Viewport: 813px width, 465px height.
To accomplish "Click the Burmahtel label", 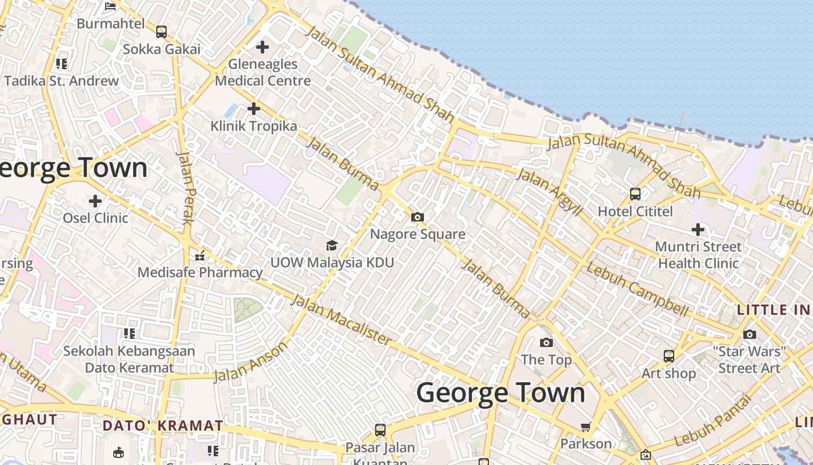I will click(110, 24).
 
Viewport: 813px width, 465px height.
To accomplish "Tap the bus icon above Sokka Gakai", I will click(161, 31).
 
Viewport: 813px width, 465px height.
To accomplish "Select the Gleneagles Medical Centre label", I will click(262, 72).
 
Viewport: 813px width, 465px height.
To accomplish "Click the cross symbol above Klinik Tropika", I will click(253, 108).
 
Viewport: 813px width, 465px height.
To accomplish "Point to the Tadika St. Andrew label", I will click(62, 81).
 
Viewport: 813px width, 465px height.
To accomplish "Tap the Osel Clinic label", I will click(95, 218).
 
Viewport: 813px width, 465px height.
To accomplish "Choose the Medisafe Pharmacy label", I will click(200, 272).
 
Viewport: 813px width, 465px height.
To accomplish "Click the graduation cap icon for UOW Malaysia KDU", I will click(332, 245).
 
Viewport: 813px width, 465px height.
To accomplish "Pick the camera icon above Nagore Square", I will click(417, 217).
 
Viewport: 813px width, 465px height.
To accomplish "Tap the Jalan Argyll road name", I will click(548, 192).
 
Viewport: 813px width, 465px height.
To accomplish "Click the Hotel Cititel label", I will click(635, 211).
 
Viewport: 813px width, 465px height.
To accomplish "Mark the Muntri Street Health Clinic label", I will click(698, 255).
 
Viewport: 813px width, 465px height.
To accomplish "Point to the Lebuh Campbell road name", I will click(637, 289).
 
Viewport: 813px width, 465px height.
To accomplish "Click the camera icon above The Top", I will click(546, 342).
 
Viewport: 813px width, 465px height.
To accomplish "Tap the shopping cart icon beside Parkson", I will click(585, 427).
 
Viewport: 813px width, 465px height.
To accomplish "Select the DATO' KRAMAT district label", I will click(163, 425).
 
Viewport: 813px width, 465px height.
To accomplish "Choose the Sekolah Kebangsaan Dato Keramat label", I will click(129, 359).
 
